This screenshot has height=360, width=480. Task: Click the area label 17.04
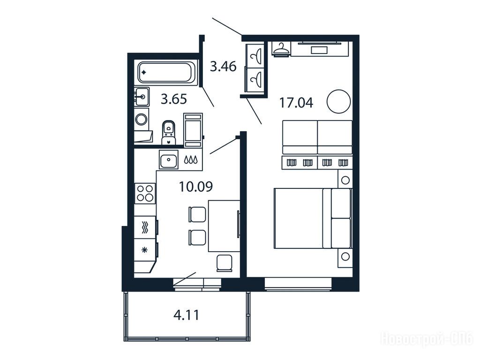pyautogui.click(x=296, y=103)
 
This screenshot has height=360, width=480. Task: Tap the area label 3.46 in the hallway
pyautogui.click(x=223, y=67)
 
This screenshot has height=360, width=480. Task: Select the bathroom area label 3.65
pyautogui.click(x=174, y=99)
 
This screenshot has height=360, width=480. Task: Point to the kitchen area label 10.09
pyautogui.click(x=196, y=187)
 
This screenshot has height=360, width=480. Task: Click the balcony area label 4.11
pyautogui.click(x=187, y=315)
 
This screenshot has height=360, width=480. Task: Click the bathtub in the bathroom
pyautogui.click(x=166, y=73)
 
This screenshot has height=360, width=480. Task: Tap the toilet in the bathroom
pyautogui.click(x=168, y=132)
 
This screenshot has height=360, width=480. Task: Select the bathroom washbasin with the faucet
pyautogui.click(x=142, y=97)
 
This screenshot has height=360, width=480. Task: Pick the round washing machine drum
pyautogui.click(x=142, y=119)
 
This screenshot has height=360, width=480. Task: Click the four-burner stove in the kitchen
pyautogui.click(x=145, y=193)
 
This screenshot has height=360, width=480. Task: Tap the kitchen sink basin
pyautogui.click(x=168, y=160)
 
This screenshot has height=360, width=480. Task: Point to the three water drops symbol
pyautogui.click(x=190, y=159)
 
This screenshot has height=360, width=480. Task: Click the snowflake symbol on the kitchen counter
pyautogui.click(x=144, y=250)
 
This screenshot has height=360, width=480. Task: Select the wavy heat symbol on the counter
pyautogui.click(x=145, y=227)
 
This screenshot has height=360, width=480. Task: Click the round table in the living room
pyautogui.click(x=338, y=102)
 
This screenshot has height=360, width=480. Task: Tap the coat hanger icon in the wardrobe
pyautogui.click(x=281, y=48)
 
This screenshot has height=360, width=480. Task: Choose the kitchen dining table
pyautogui.click(x=224, y=226)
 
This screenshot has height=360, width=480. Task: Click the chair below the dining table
pyautogui.click(x=225, y=263)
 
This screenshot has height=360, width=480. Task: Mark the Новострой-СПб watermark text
pyautogui.click(x=427, y=339)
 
